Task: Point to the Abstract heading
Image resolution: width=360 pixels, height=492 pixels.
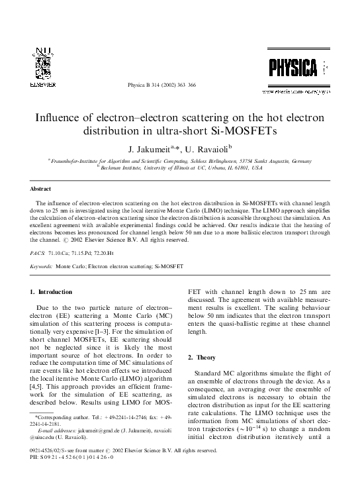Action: (42, 188)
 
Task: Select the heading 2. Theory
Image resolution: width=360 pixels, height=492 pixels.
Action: (206, 357)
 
